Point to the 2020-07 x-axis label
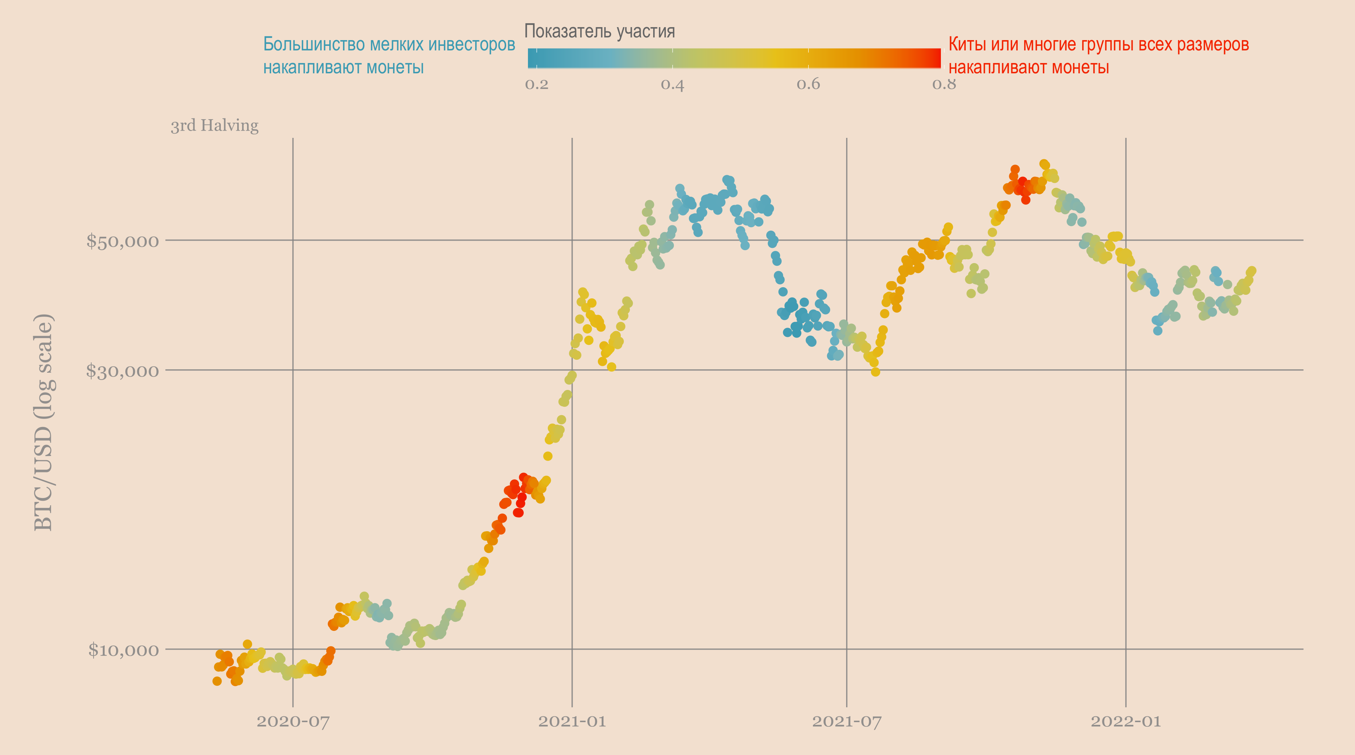[x=293, y=721]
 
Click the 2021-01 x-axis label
[x=572, y=721]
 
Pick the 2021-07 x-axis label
[x=846, y=721]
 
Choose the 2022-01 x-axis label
[x=1126, y=721]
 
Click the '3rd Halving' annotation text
[x=215, y=126]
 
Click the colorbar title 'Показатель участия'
[x=600, y=32]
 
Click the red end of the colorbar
[x=934, y=58]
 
